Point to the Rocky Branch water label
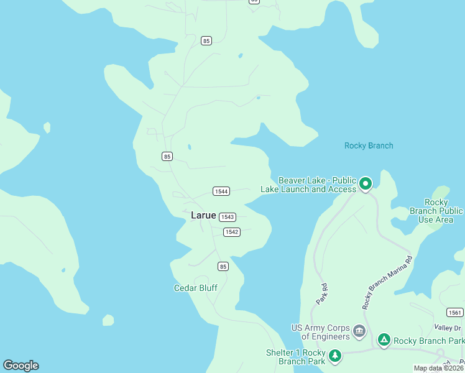click(369, 145)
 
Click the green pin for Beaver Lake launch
click(366, 183)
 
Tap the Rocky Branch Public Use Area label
click(435, 211)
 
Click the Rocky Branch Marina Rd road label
click(387, 282)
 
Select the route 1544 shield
click(221, 191)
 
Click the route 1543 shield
click(228, 217)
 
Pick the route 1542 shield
click(231, 232)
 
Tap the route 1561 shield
click(454, 312)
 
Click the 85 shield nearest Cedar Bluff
click(223, 266)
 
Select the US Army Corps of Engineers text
click(321, 332)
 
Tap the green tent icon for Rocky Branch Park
click(384, 340)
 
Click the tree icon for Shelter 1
click(335, 356)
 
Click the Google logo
click(21, 366)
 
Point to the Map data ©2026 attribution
click(438, 368)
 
